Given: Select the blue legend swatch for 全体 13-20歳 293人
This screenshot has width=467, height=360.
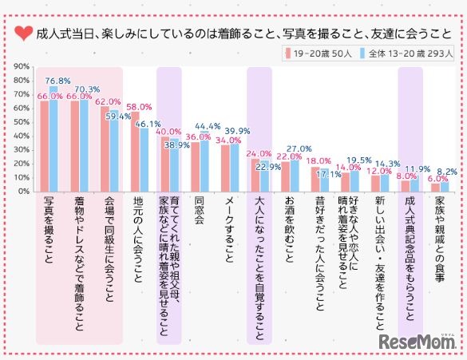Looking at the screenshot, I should (362, 54).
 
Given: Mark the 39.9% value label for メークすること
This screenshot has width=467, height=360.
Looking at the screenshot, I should (237, 130).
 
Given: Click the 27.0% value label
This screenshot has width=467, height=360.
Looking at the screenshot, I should (299, 148).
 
